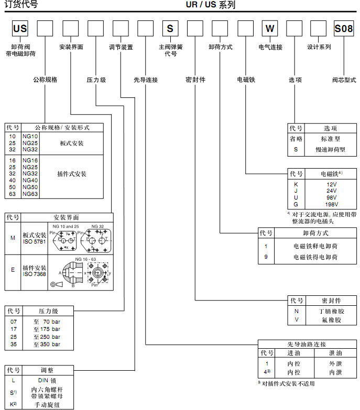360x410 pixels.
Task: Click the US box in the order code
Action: (x=20, y=29)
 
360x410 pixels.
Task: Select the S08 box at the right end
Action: (x=344, y=29)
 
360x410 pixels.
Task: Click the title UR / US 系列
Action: (x=210, y=5)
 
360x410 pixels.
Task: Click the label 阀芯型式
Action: (x=344, y=80)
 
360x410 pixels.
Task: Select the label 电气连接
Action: (x=270, y=47)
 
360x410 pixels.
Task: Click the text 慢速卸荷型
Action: (x=330, y=149)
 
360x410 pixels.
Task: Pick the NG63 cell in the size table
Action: (x=30, y=194)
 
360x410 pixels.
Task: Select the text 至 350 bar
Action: (x=47, y=345)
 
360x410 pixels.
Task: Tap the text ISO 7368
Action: (x=35, y=274)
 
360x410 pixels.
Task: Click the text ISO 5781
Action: (x=35, y=241)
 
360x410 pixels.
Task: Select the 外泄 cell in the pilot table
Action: (x=335, y=363)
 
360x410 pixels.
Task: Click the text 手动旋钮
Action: (x=47, y=405)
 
